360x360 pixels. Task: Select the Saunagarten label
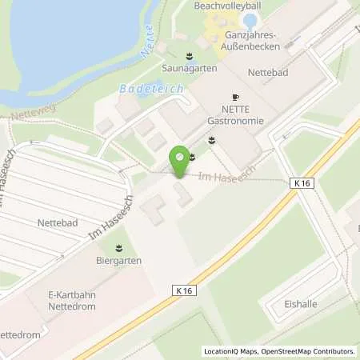[x=190, y=69]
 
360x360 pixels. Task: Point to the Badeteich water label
[x=151, y=89]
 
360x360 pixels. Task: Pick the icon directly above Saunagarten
[x=190, y=56]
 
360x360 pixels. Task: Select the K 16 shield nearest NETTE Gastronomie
[x=301, y=183]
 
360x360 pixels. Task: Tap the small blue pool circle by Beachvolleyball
[x=250, y=22]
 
